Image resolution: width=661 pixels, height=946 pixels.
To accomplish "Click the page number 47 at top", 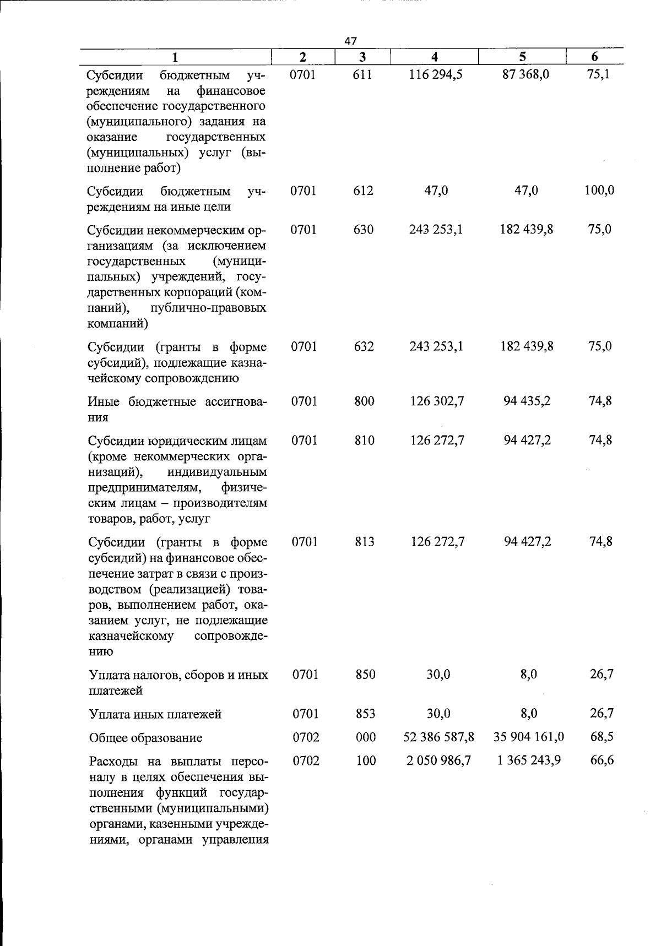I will click(351, 41).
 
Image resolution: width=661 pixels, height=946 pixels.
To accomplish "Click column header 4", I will click(435, 57).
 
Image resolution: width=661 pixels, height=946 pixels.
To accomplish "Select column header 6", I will click(595, 57).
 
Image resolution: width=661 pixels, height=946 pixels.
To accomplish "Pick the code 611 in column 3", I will click(362, 74).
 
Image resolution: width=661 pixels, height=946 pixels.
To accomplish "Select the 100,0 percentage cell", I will click(599, 191).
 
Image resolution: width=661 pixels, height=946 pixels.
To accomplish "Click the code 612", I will click(363, 191).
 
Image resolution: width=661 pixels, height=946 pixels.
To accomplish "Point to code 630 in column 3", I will click(364, 229).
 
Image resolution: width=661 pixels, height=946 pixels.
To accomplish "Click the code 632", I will click(364, 346).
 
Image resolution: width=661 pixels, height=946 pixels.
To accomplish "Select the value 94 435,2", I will click(527, 401).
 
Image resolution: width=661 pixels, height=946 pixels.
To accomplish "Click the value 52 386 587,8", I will click(439, 737).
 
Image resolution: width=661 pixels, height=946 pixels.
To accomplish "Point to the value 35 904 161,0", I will click(529, 737).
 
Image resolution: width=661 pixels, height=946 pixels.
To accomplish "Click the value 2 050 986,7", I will click(439, 760).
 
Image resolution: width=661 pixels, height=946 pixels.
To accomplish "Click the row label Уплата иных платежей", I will click(155, 714).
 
